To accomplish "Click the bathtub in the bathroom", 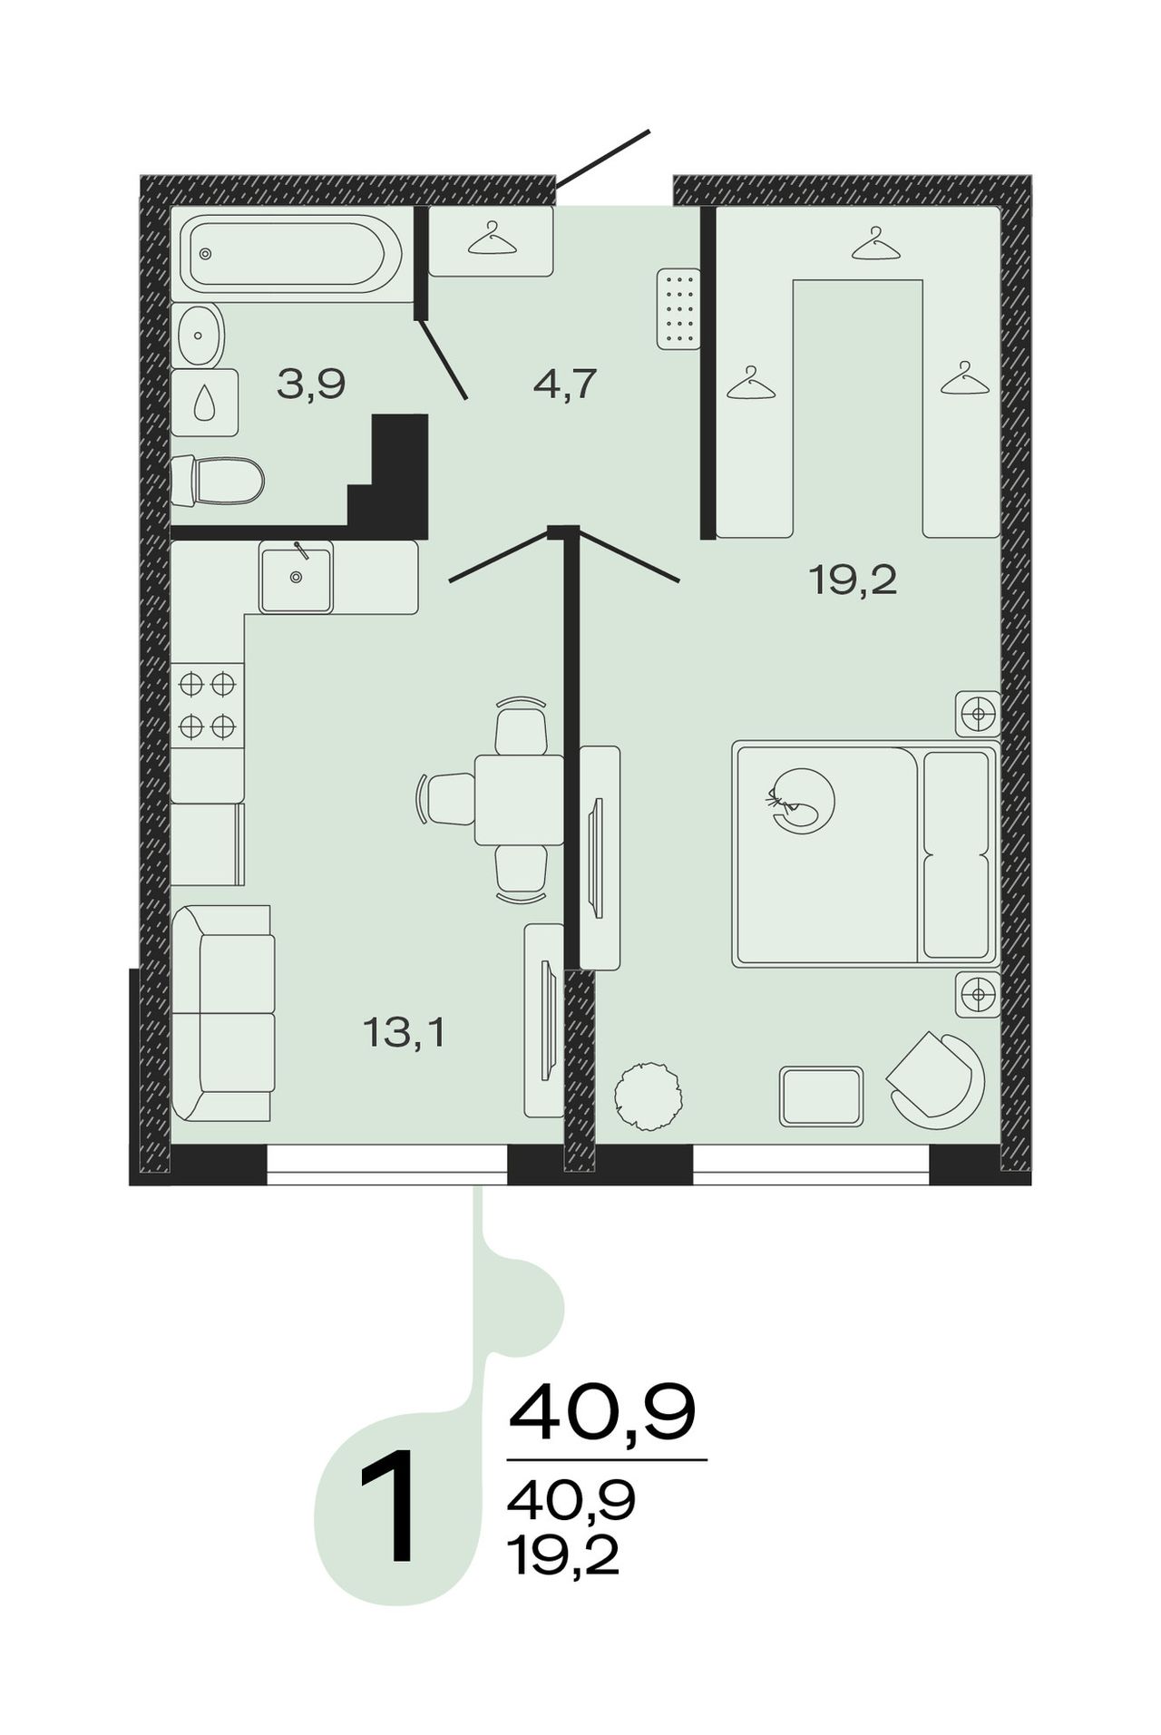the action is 290,253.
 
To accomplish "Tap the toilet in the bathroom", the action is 218,480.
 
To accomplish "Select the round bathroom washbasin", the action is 200,336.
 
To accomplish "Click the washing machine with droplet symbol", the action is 205,402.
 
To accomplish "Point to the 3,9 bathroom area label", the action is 311,385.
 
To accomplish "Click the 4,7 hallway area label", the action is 564,385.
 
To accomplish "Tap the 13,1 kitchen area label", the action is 404,1032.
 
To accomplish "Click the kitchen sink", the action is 296,577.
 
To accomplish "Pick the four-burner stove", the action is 208,706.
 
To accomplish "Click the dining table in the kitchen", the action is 519,800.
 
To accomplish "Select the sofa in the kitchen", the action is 222,1012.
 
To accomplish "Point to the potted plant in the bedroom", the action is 648,1097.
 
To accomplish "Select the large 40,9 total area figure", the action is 602,1413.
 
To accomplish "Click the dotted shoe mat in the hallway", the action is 678,308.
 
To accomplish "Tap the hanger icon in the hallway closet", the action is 492,239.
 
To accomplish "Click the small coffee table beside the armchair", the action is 821,1097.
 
